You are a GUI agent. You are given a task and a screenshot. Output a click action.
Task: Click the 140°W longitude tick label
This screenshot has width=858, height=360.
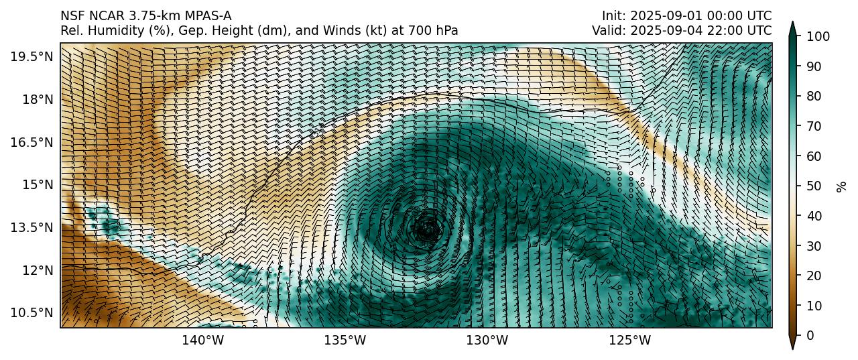pos(203,341)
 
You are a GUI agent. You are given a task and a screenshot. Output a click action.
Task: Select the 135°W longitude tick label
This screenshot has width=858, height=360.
pos(345,341)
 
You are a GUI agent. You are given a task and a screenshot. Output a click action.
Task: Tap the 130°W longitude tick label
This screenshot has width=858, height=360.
pos(487,341)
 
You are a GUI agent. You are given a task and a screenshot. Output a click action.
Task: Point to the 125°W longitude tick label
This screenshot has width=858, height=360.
pos(630,341)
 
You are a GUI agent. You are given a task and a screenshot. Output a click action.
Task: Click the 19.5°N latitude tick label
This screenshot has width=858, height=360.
pos(32,56)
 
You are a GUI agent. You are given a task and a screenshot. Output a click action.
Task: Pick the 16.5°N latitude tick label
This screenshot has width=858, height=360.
pos(32,142)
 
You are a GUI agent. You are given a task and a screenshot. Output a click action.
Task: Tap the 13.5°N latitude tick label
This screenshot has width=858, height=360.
pos(32,227)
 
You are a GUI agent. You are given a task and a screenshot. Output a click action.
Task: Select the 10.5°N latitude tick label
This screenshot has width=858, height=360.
pos(32,313)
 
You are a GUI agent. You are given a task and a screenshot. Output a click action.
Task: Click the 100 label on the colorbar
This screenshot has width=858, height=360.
pos(816,36)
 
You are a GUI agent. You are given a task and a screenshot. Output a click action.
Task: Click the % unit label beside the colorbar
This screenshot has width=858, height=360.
pos(841,186)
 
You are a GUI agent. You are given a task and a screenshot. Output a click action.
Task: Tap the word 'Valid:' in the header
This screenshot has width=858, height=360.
pos(608,30)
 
